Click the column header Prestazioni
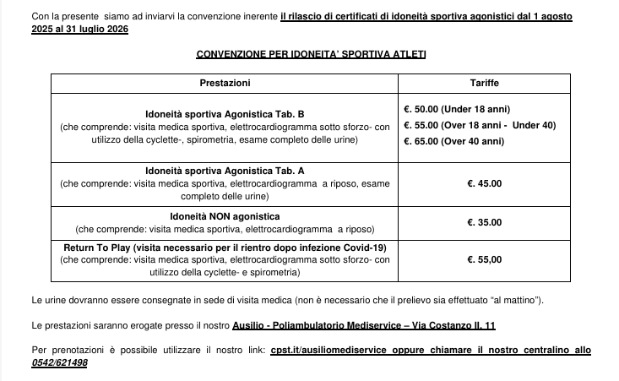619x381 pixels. point(225,84)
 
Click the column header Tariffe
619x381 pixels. point(484,84)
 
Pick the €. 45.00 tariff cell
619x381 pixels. point(484,182)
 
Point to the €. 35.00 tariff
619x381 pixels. point(484,222)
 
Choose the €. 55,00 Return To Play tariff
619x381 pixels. point(484,260)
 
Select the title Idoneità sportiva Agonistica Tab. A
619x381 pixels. point(225,171)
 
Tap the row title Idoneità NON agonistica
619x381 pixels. point(225,217)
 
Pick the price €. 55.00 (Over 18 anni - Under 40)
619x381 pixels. point(477,125)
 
